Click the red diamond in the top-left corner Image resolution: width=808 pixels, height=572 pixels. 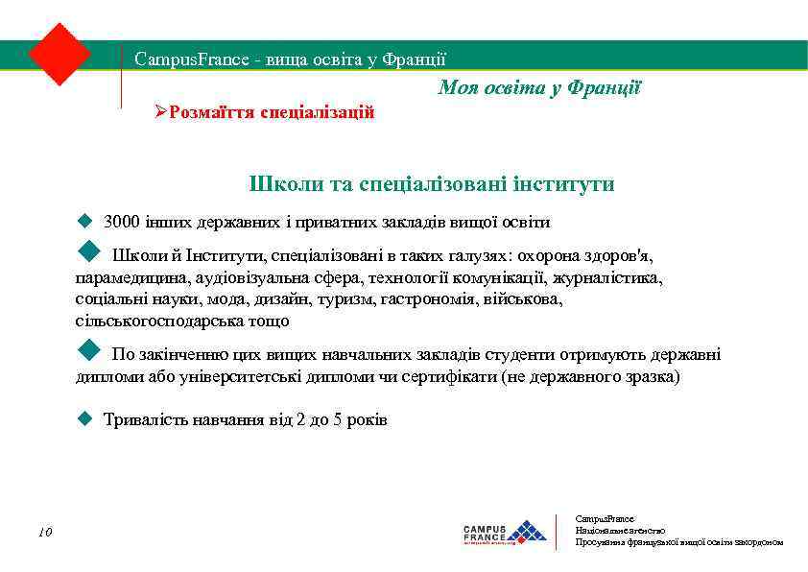[x=59, y=54]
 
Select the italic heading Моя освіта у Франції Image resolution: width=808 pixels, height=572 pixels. [x=539, y=88]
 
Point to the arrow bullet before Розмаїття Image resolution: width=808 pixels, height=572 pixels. [x=161, y=112]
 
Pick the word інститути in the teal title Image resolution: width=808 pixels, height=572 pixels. [x=562, y=183]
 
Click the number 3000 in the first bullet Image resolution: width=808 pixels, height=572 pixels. [x=121, y=223]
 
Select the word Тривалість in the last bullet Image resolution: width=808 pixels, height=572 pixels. [x=144, y=420]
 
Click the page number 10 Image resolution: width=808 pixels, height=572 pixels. [x=45, y=532]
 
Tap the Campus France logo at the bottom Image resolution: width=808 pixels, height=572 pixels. [x=504, y=532]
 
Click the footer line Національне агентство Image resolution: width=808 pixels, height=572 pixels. [x=620, y=530]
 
